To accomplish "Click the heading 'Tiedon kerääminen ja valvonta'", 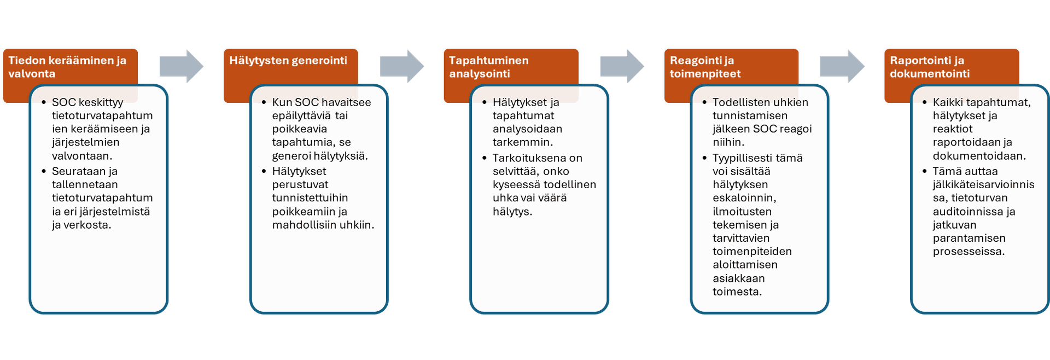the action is (67, 67).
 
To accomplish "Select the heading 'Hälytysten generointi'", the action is (288, 60).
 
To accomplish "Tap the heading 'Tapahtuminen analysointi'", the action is (489, 67).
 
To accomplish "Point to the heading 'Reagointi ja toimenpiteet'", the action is (705, 67).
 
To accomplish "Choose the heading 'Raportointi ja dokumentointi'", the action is (930, 67).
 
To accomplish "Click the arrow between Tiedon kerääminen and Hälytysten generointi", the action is (182, 66).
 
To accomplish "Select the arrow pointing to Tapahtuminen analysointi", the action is (402, 66).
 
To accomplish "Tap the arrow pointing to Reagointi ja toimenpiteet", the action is (622, 66).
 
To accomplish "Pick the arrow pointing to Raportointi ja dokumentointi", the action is (842, 66).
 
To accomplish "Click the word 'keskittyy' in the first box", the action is (101, 102).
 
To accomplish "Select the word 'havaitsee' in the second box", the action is (347, 102).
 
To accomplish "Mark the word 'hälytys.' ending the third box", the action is (512, 212).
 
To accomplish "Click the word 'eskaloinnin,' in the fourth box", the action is (744, 198).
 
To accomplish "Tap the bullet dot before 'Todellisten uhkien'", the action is (704, 102).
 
